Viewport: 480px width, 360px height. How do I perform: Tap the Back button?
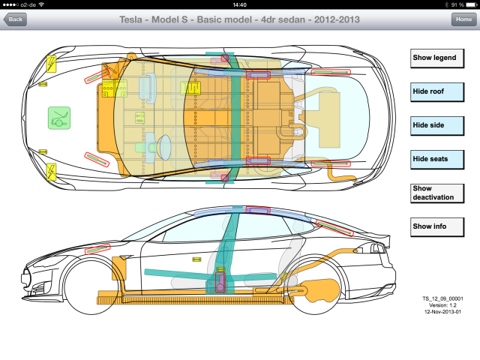pyautogui.click(x=15, y=19)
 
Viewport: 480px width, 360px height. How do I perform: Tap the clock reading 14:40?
pyautogui.click(x=240, y=4)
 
